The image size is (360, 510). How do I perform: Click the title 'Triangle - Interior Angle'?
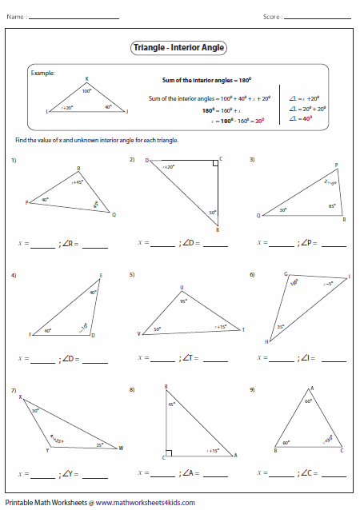[x=179, y=48]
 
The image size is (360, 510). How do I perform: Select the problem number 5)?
[x=132, y=275]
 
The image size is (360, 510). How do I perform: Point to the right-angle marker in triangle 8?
[x=168, y=454]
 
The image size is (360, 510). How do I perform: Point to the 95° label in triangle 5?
[x=183, y=301]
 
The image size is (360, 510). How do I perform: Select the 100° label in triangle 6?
[x=294, y=282]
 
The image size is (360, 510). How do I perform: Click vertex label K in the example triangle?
[x=87, y=78]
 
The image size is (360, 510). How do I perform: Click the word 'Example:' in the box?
[x=42, y=73]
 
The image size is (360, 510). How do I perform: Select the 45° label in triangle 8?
[x=171, y=404]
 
